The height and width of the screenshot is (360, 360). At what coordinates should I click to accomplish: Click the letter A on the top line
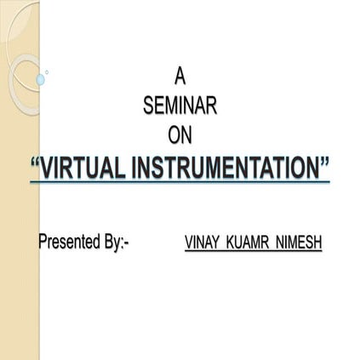point(180,77)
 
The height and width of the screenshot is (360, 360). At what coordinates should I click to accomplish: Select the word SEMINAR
point(180,106)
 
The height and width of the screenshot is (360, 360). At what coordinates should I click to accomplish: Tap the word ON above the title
point(180,134)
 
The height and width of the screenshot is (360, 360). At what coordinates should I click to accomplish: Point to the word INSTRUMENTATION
point(226,168)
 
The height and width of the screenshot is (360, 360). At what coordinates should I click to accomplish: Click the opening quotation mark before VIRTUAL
point(35,163)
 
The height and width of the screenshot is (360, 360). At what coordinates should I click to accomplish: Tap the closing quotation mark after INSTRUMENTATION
point(323,163)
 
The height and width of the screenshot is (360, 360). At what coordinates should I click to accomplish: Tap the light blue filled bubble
point(40,79)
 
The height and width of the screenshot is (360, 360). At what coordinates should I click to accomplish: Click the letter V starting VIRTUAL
point(49,168)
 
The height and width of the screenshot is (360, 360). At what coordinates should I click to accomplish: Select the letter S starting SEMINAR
point(150,106)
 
